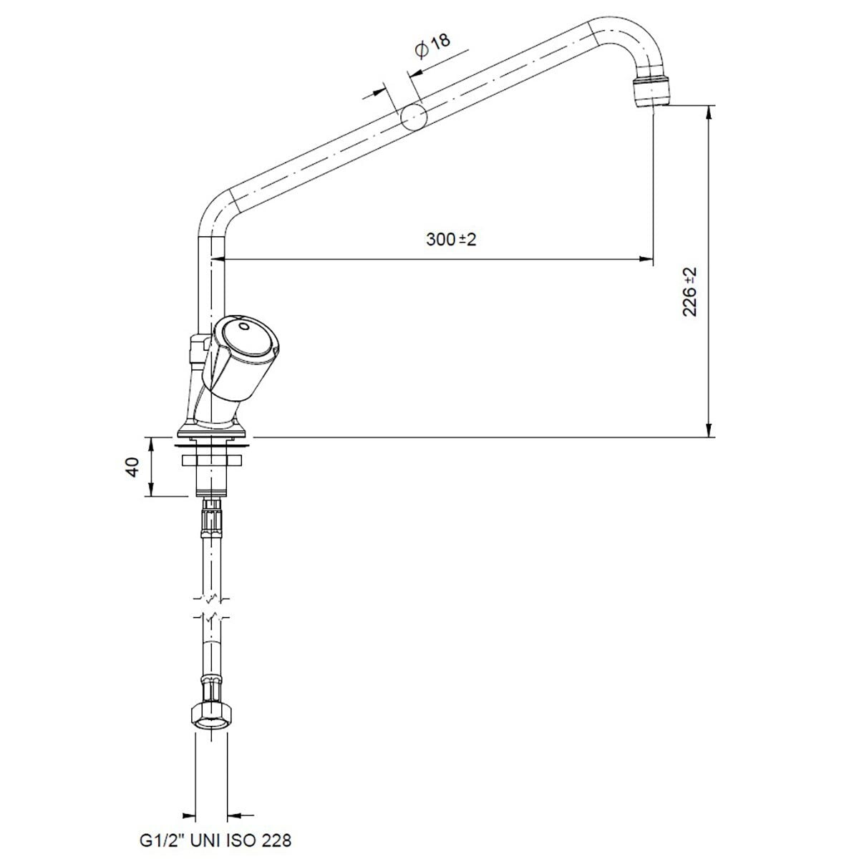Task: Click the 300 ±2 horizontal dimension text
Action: (451, 240)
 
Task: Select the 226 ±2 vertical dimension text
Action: (689, 292)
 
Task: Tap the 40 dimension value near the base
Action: (131, 467)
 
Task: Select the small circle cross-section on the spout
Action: (413, 117)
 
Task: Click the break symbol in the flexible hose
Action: (213, 608)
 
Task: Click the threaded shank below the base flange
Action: (213, 472)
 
